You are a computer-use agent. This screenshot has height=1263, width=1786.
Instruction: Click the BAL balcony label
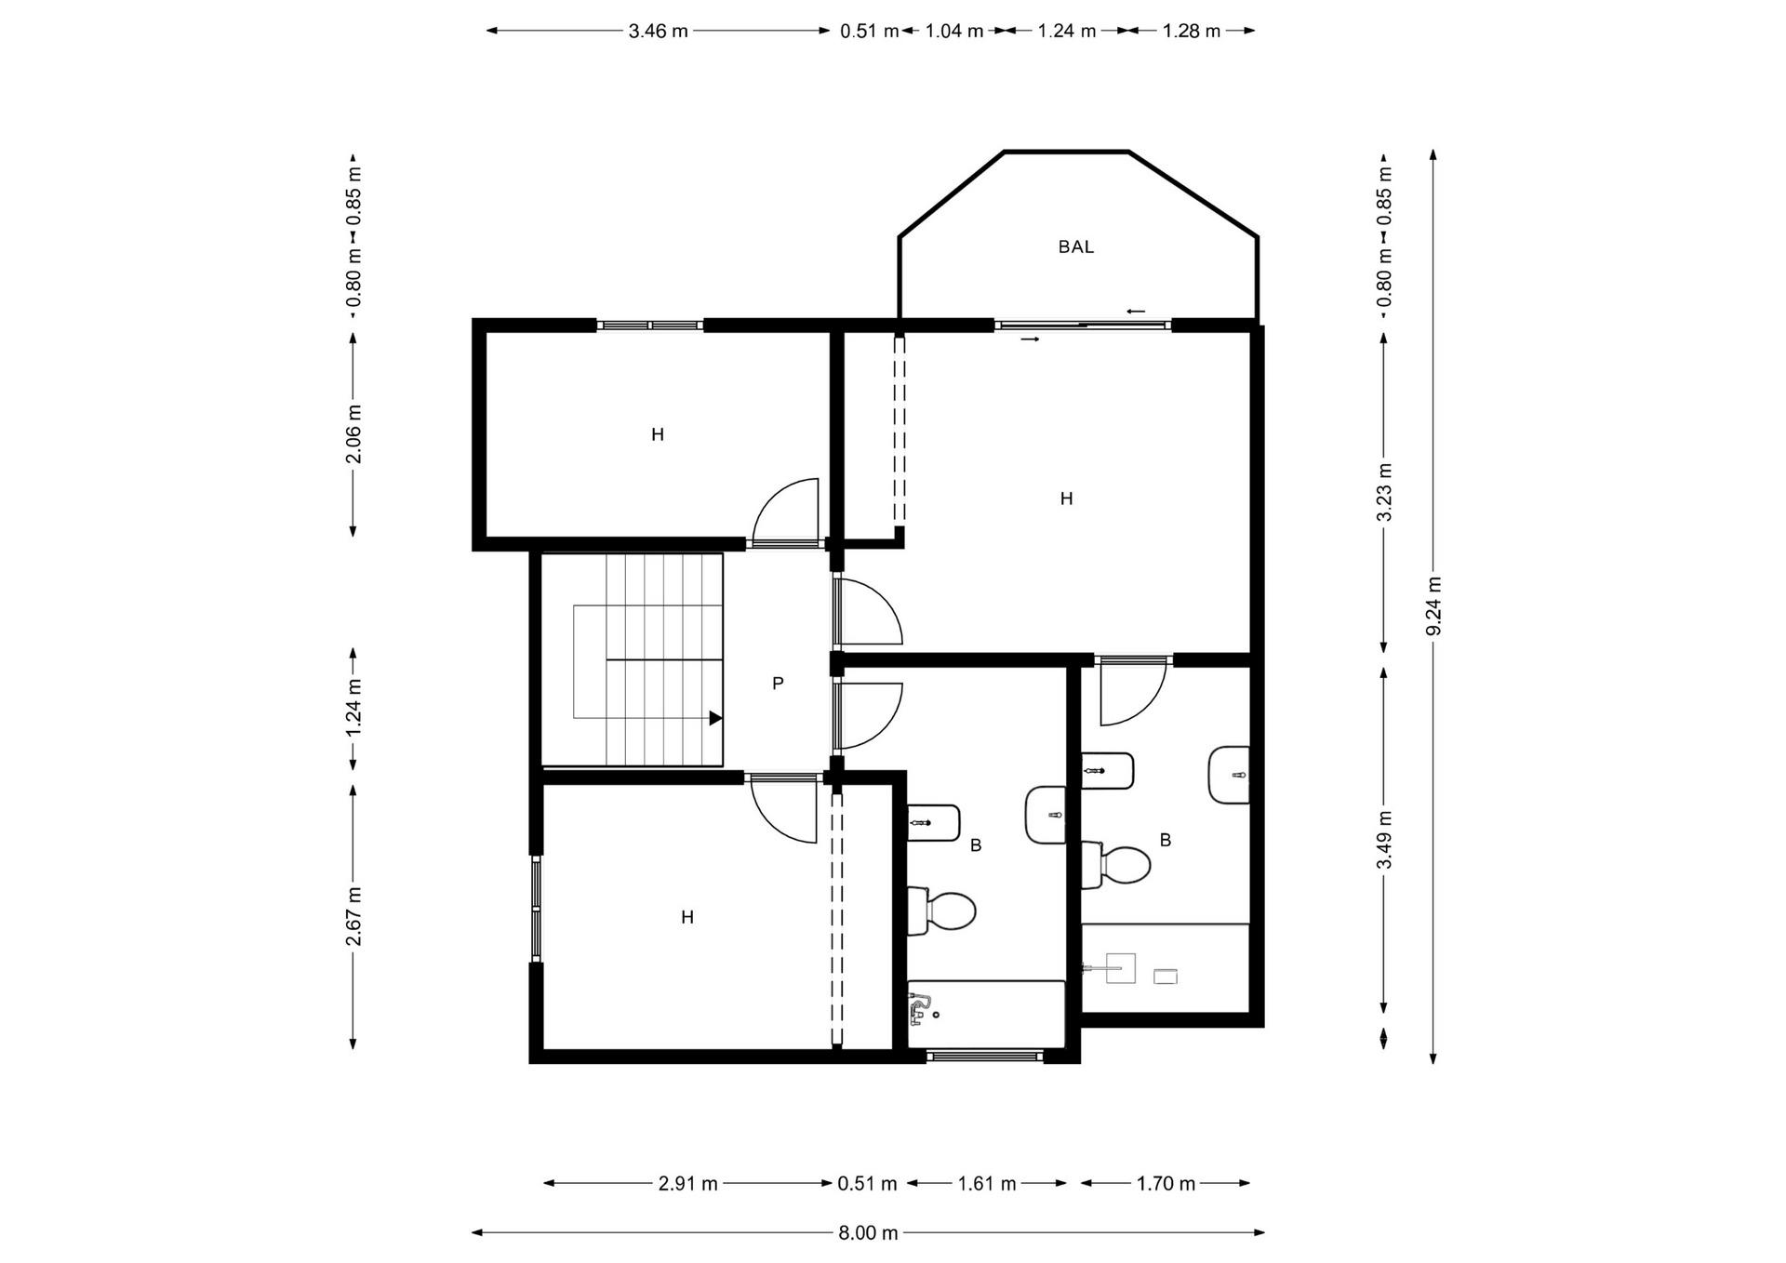point(1075,247)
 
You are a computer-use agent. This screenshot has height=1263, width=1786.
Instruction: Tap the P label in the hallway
point(778,684)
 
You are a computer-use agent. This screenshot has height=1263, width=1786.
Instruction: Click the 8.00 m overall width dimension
point(868,1233)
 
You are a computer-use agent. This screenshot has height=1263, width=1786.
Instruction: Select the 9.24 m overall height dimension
point(1433,605)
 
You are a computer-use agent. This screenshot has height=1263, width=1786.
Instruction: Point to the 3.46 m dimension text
point(658,31)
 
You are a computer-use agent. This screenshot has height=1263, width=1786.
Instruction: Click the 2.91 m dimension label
point(687,1184)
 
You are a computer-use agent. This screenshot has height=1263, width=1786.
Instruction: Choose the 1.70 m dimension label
point(1166,1184)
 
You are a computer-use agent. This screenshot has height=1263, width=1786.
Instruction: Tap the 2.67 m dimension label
point(353,916)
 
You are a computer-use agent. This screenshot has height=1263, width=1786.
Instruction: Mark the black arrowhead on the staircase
point(715,718)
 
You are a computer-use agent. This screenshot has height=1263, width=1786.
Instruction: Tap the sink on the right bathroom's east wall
point(1230,775)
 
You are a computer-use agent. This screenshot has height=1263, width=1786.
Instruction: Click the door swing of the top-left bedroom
point(787,512)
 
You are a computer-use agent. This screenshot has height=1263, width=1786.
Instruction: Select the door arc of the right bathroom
point(1132,693)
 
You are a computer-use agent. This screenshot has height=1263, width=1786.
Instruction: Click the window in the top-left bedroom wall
point(649,326)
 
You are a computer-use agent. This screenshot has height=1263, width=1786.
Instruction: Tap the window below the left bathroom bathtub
point(985,1056)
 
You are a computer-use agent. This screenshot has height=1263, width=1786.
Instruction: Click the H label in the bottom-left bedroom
point(687,918)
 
